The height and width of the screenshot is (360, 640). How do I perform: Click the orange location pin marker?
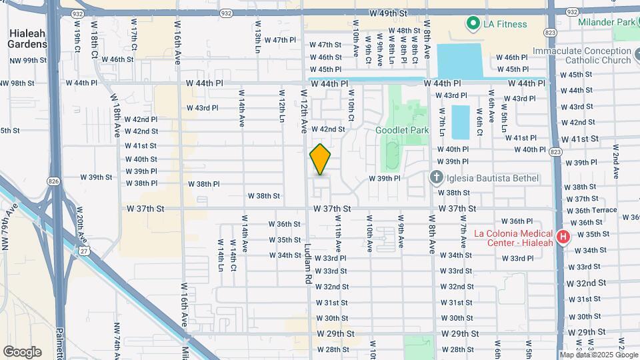[321, 159]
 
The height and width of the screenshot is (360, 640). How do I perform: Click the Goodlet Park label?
[402, 130]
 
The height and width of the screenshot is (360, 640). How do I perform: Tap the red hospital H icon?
[563, 237]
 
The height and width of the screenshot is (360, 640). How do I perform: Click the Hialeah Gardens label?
[28, 38]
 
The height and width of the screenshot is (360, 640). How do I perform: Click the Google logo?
[22, 351]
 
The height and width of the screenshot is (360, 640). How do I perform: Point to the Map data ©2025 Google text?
[599, 355]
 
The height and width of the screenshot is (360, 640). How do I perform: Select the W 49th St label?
[388, 13]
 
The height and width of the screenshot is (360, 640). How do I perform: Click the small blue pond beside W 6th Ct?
[460, 122]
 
